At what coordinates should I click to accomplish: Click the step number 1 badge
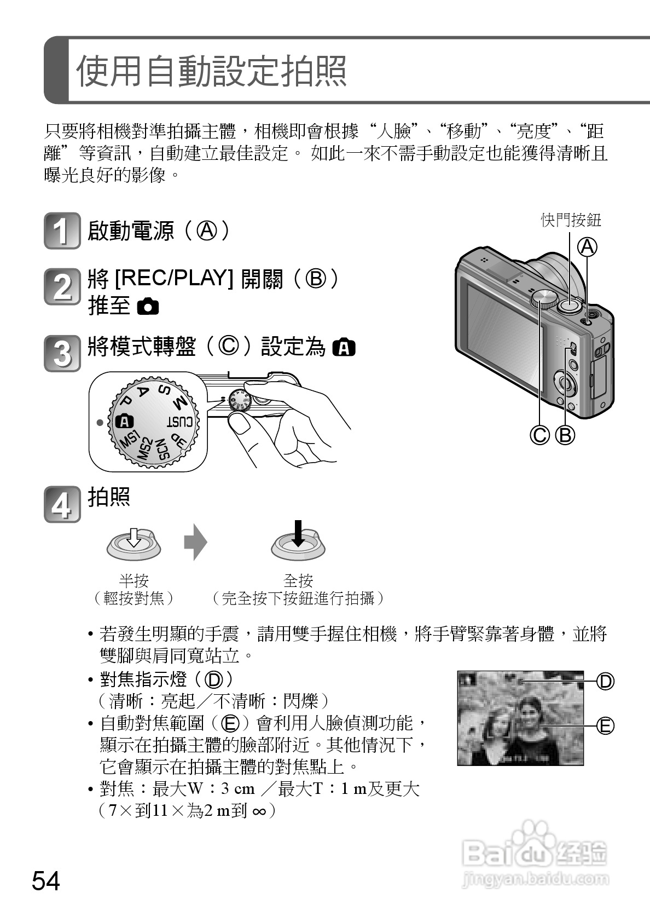[x=62, y=231]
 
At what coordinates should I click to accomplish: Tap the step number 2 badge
[x=62, y=287]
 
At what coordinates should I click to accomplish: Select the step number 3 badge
[x=62, y=353]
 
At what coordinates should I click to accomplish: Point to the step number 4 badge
[x=62, y=504]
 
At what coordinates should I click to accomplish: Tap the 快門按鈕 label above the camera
[x=571, y=220]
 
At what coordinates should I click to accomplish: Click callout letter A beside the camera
[x=587, y=247]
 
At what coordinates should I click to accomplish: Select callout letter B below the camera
[x=565, y=435]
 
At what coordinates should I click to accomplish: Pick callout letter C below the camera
[x=539, y=435]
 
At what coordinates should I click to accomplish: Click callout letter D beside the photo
[x=606, y=681]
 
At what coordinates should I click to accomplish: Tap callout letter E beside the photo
[x=606, y=726]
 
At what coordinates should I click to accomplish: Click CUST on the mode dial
[x=180, y=421]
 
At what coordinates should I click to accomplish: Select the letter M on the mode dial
[x=180, y=402]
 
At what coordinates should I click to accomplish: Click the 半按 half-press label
[x=134, y=580]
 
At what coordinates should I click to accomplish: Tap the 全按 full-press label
[x=298, y=580]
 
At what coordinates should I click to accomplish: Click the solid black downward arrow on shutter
[x=298, y=533]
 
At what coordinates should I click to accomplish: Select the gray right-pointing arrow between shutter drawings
[x=196, y=541]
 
